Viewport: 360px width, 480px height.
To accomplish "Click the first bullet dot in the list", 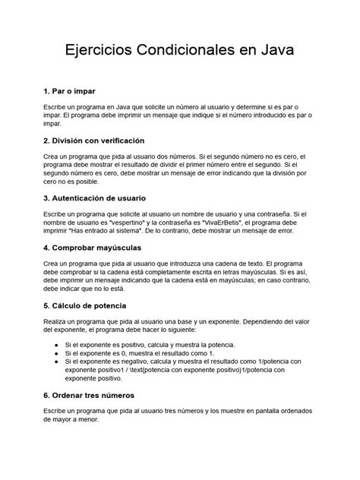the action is [x=58, y=344].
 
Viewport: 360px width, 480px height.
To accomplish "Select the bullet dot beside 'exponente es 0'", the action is [x=58, y=353].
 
